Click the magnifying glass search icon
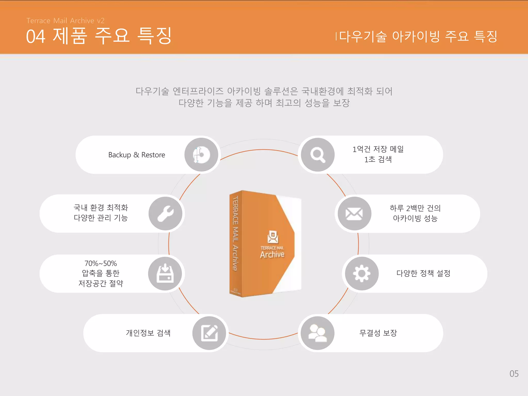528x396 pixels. (x=318, y=155)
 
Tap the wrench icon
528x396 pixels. (x=166, y=213)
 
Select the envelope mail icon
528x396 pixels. (x=354, y=213)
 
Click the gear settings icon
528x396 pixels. (x=362, y=273)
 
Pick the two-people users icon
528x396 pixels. (x=318, y=333)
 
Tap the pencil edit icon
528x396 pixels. (x=209, y=333)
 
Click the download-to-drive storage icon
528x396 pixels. (x=165, y=273)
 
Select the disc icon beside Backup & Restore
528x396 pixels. (x=201, y=155)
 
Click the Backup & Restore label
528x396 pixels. (x=137, y=155)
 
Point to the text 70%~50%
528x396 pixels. (x=101, y=263)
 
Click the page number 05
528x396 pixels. (x=514, y=374)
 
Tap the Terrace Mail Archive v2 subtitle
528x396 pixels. (x=65, y=21)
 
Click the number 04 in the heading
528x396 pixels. (x=36, y=36)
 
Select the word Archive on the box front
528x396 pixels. (x=272, y=255)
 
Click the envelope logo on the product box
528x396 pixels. (x=273, y=237)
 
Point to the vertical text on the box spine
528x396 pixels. (x=235, y=233)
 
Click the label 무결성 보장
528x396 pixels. (x=378, y=333)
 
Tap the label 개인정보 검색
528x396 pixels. (x=148, y=333)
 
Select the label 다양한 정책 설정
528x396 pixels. (x=423, y=273)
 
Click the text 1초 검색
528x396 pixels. (x=378, y=160)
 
